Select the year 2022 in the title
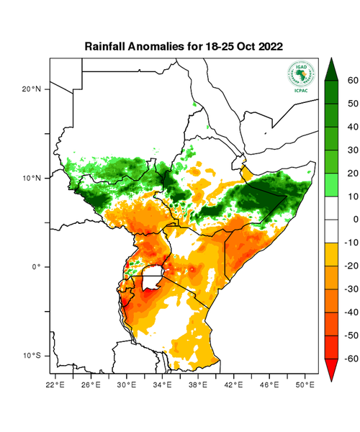tap(266, 46)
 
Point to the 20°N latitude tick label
tap(32, 89)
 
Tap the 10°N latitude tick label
tap(32, 178)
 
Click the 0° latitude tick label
tap(36, 266)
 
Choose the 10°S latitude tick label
tap(32, 356)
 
